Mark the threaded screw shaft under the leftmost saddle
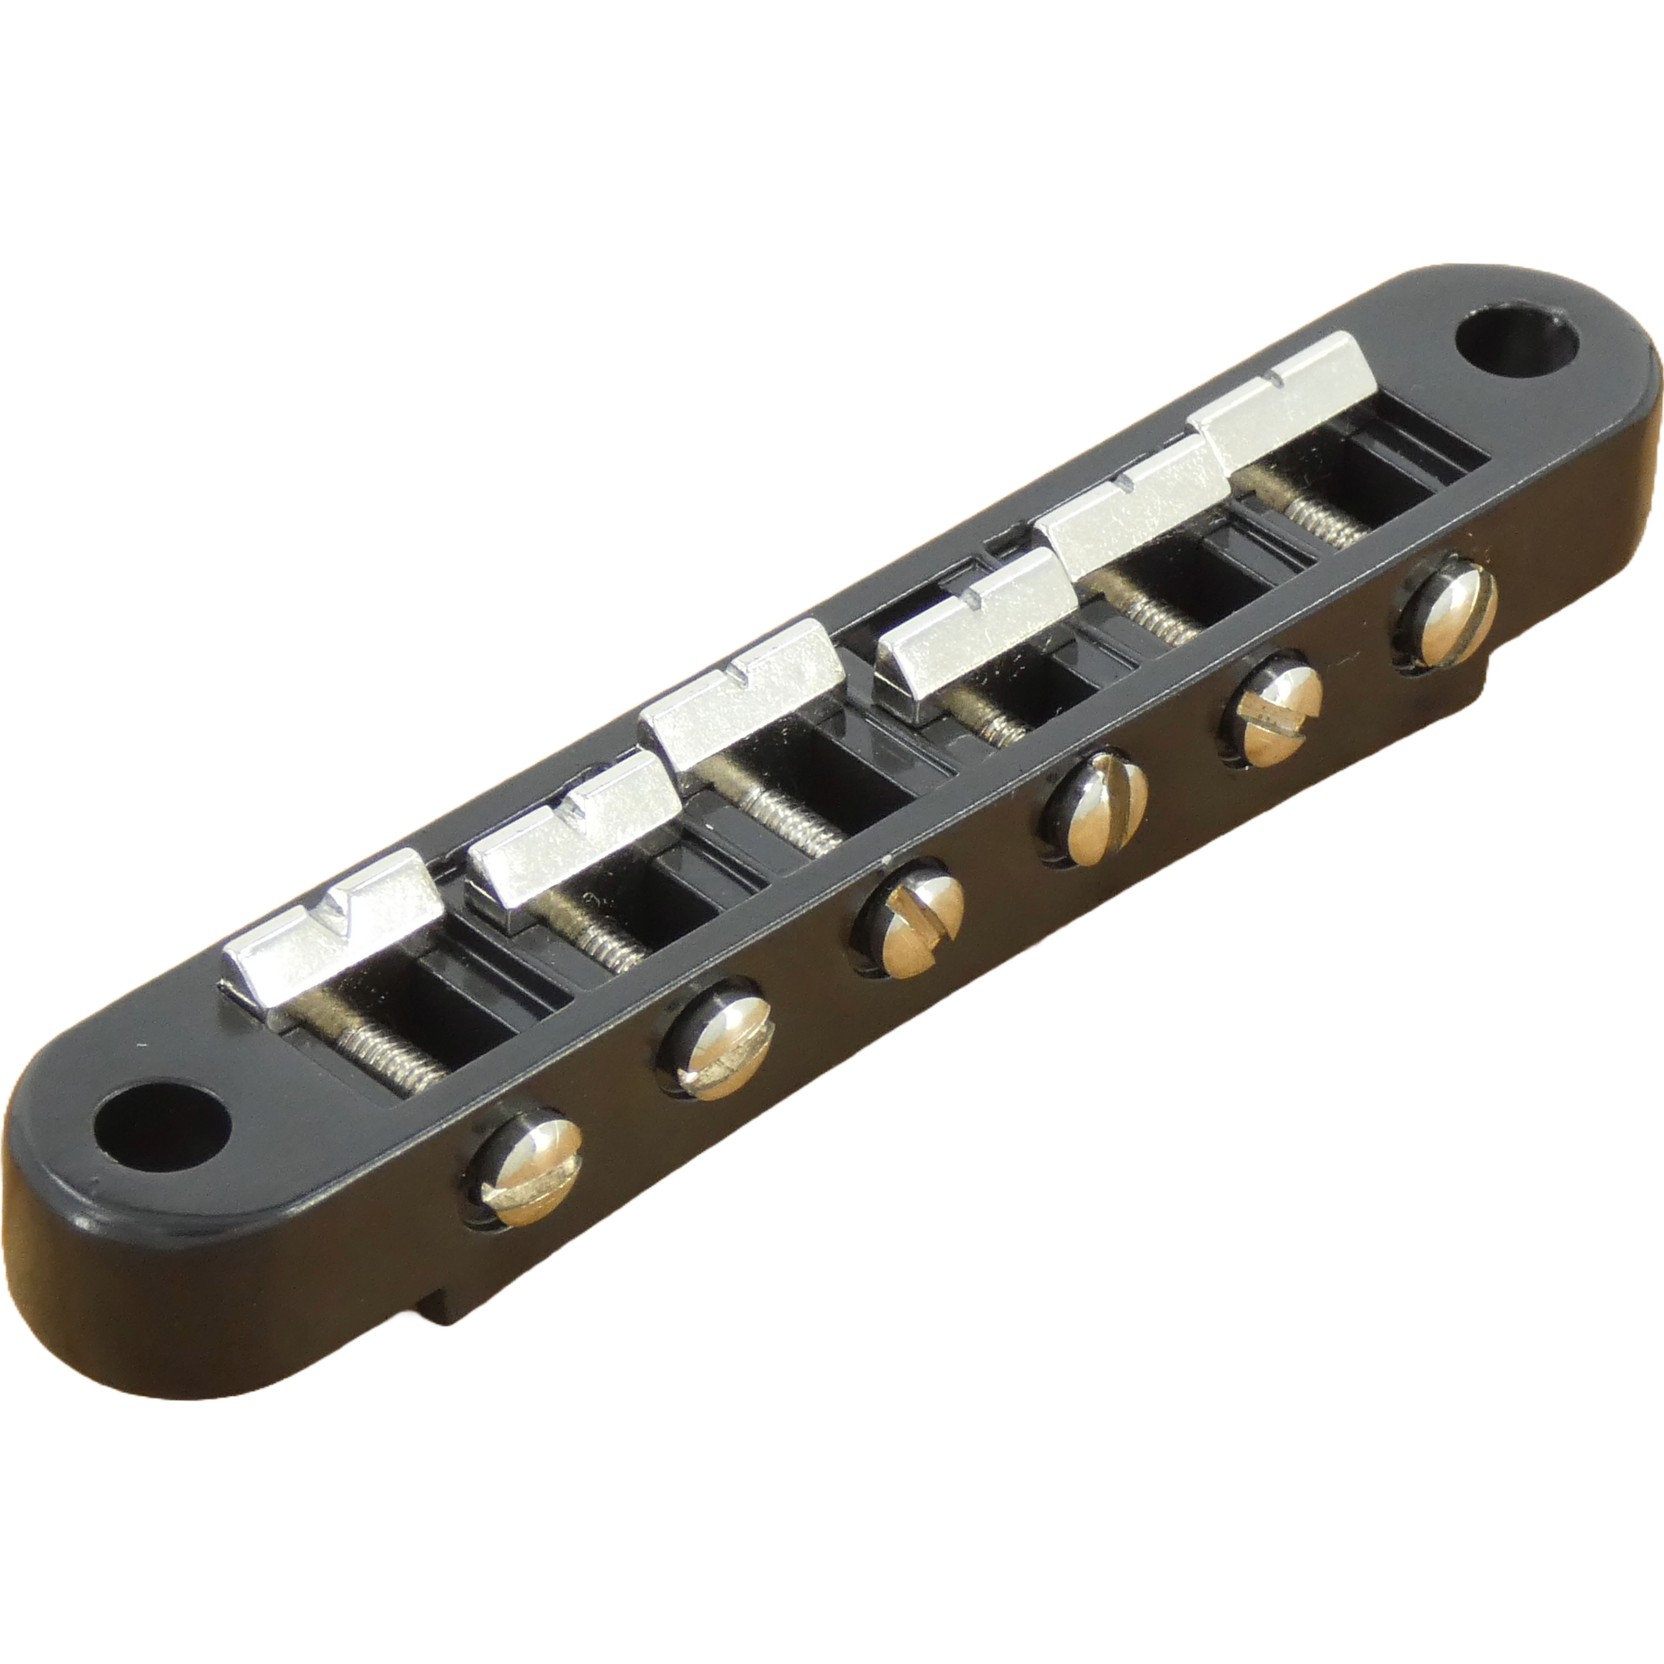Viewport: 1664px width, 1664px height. point(387,1046)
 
